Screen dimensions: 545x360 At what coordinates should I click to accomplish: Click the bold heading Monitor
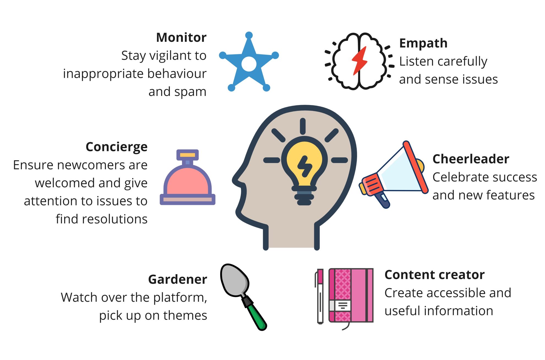tap(181, 37)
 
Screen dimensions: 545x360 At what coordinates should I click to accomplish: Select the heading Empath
tap(423, 43)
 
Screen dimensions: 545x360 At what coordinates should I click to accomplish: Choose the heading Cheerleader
tap(471, 159)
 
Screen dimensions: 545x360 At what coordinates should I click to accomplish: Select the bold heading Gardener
tap(178, 279)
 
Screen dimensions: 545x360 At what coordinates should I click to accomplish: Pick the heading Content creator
tap(434, 275)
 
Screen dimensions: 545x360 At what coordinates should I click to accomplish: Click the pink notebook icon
tap(351, 295)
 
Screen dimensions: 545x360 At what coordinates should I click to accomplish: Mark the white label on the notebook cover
tap(340, 306)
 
